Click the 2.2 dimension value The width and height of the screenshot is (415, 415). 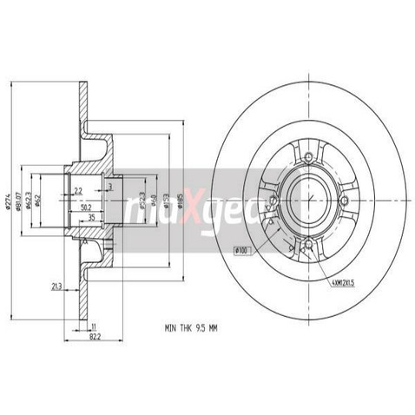click(x=78, y=189)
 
